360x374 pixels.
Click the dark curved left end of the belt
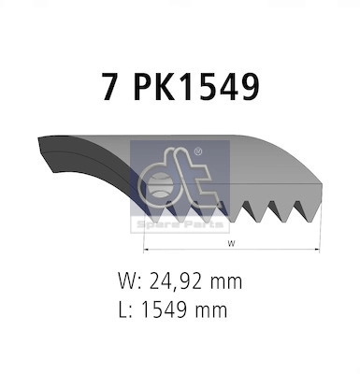56,165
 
